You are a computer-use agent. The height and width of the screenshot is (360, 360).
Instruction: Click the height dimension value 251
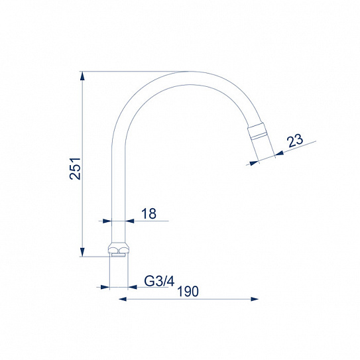[x=75, y=168]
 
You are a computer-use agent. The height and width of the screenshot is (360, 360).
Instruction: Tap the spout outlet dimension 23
[x=296, y=140]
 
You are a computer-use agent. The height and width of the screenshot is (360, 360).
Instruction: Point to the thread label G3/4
[x=159, y=281]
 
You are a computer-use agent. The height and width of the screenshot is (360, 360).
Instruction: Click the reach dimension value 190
[x=188, y=291]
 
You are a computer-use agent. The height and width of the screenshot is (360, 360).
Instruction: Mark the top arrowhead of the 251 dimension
[x=83, y=76]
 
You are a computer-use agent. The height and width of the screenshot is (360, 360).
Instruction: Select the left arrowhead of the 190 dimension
[x=123, y=300]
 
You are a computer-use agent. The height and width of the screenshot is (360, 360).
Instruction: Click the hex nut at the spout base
[x=119, y=249]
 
